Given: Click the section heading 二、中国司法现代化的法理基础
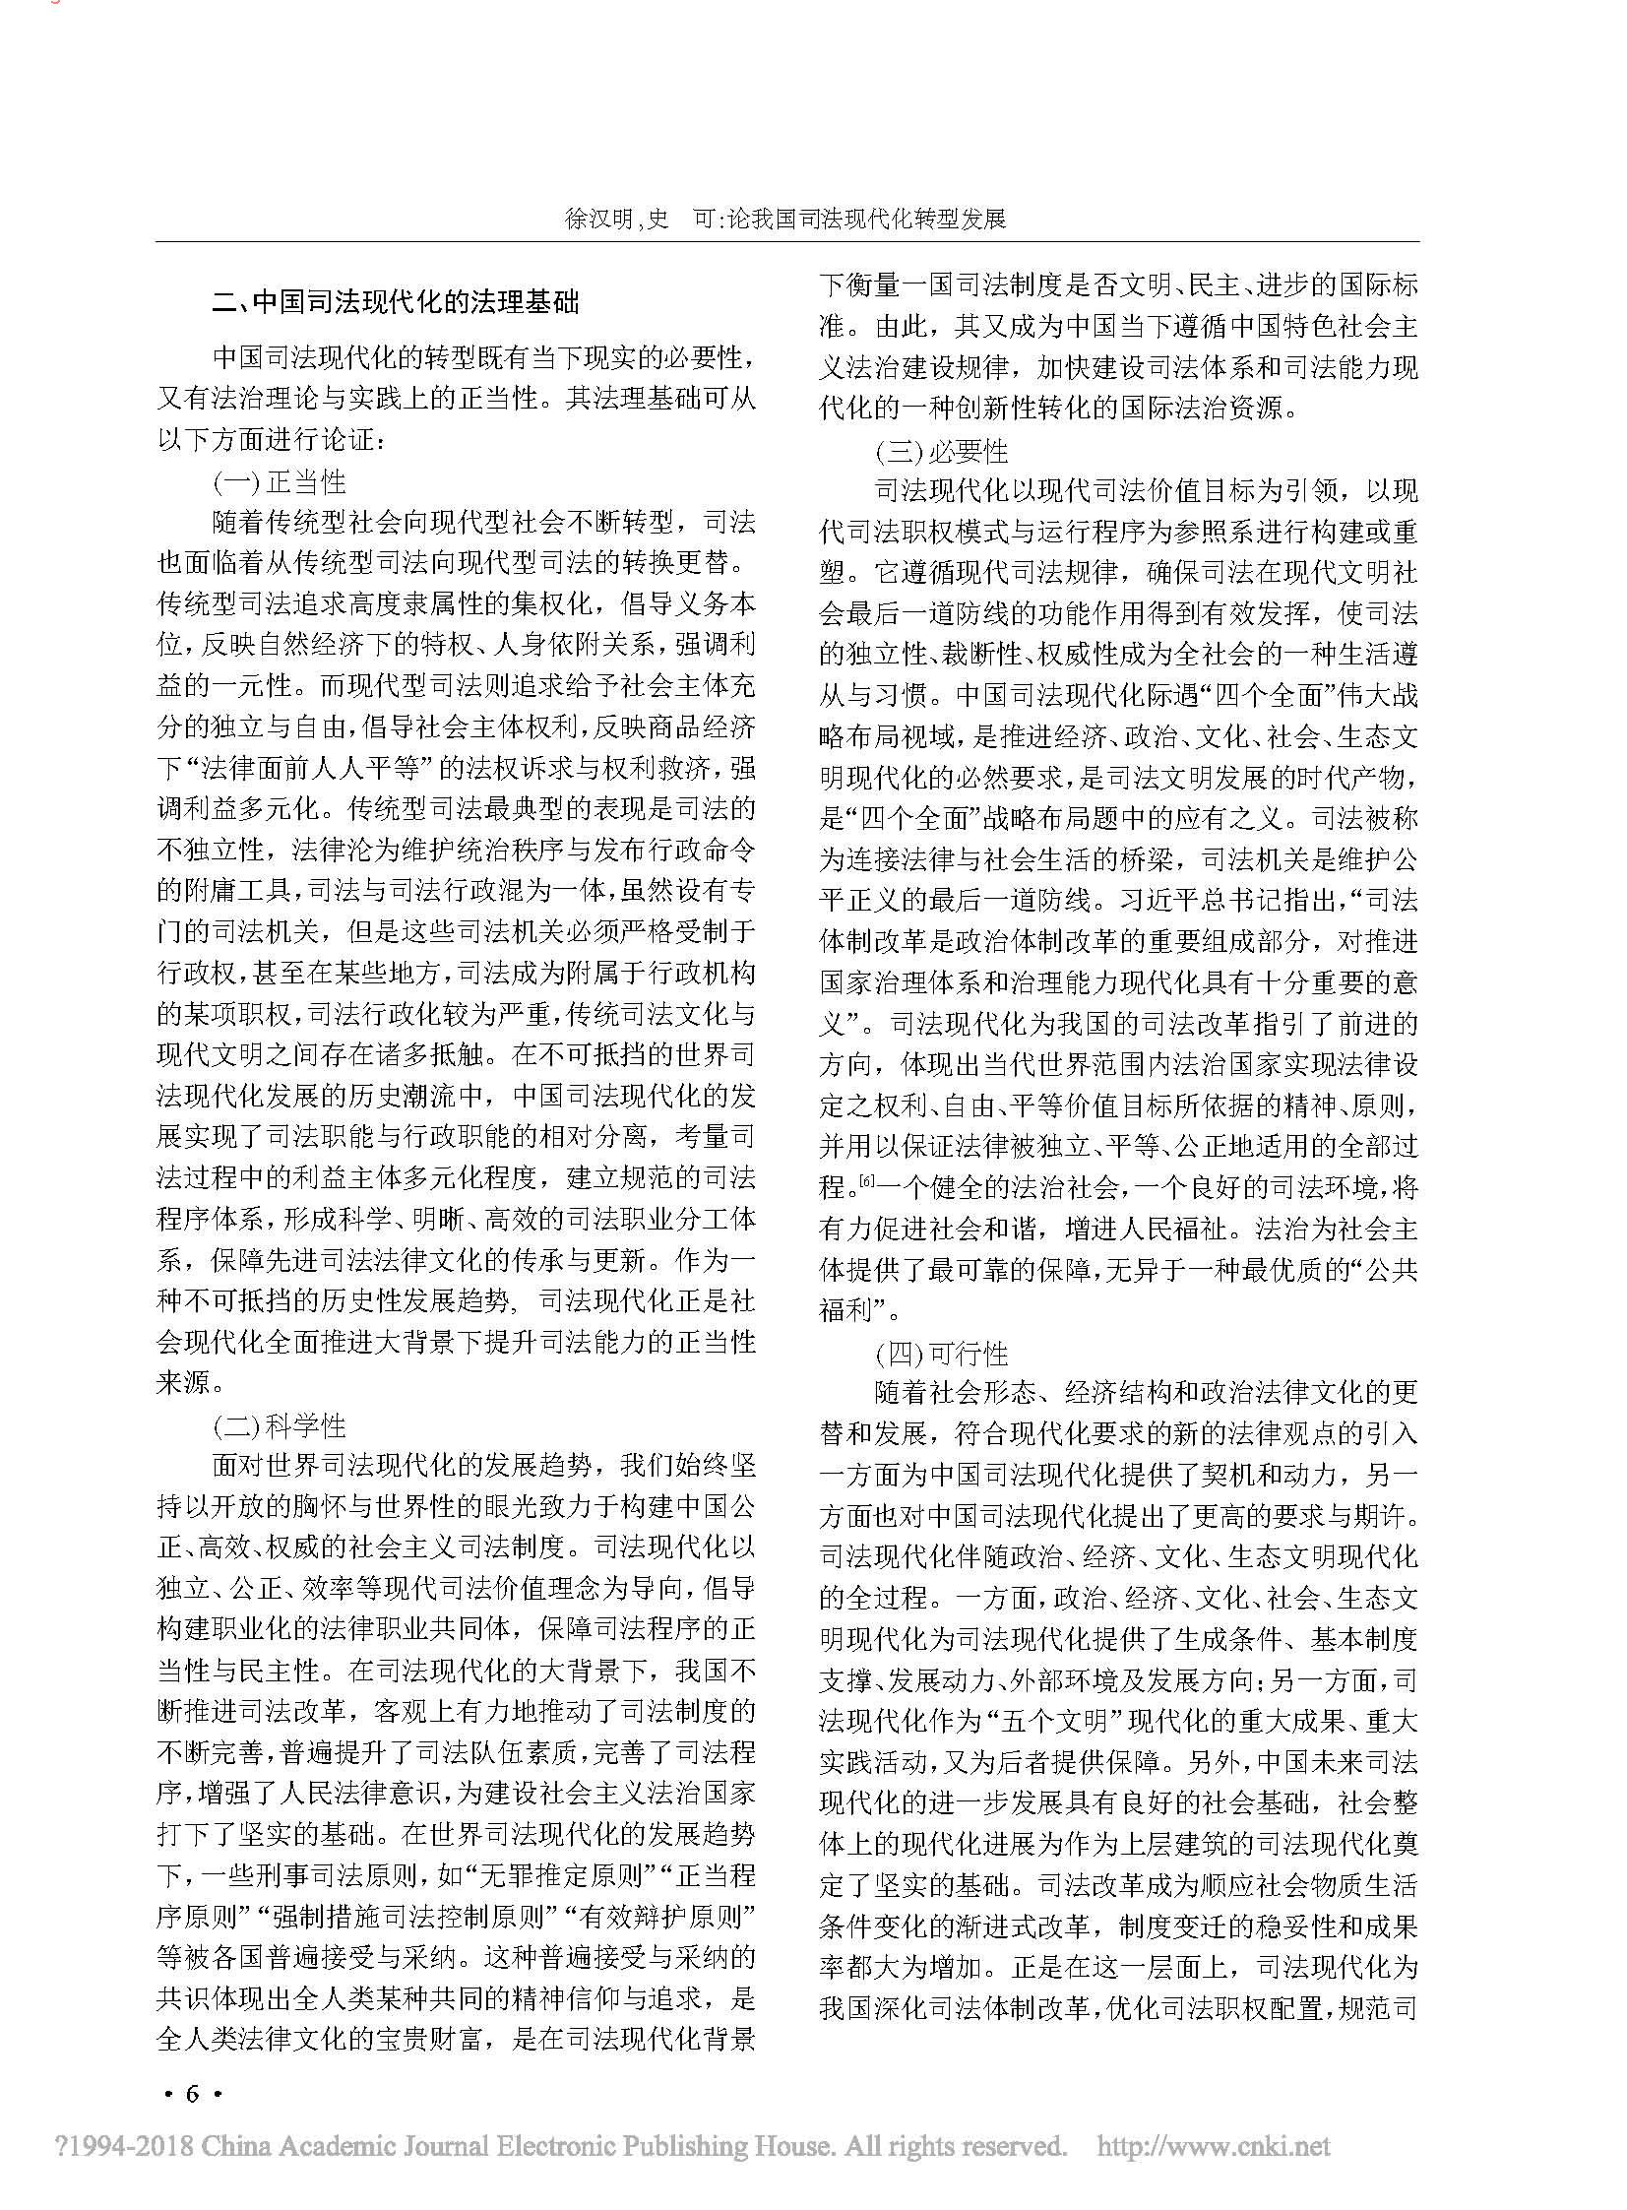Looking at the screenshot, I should pos(396,301).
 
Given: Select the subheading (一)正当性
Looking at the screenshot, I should pos(280,481).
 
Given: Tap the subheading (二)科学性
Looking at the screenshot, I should pos(280,1425).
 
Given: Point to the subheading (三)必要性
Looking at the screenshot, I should pos(943,452).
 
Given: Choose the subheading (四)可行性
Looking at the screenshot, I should pos(943,1355).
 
